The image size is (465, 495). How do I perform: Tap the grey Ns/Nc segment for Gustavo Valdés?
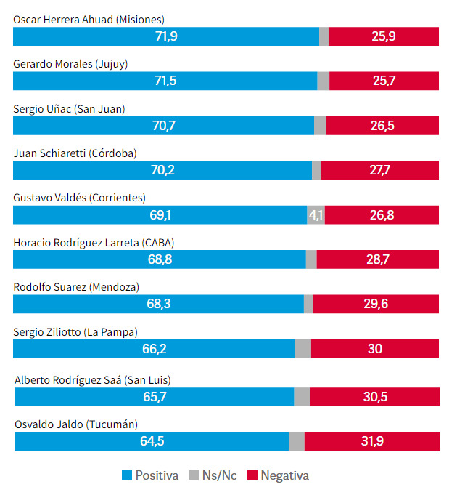pos(316,215)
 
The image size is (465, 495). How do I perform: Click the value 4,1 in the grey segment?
pos(316,215)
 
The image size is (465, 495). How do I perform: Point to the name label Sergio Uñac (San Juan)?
pos(70,109)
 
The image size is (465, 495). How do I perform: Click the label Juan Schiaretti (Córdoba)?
pos(75,153)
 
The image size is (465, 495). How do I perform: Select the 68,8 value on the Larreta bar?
pos(160,259)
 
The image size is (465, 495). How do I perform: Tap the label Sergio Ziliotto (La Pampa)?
pos(75,332)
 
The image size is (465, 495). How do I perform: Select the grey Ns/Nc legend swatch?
pos(193,476)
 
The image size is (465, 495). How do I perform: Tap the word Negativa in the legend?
pos(284,476)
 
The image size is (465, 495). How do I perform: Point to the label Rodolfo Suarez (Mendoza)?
pos(76,287)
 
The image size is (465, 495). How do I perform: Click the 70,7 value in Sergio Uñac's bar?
pos(164,126)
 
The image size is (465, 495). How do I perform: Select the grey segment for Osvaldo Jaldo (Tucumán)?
pos(297,441)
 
